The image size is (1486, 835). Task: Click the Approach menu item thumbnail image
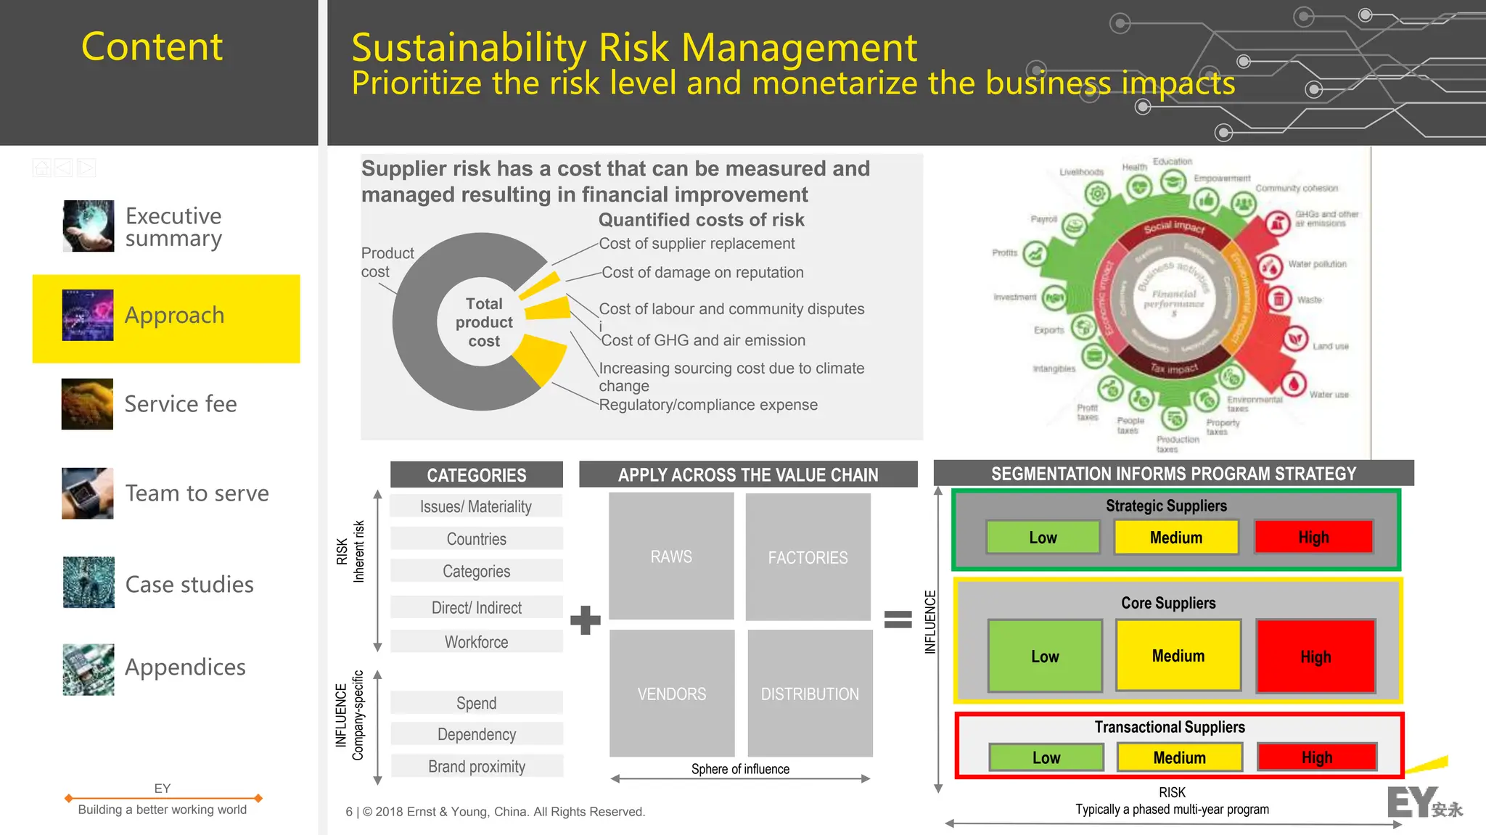click(x=88, y=315)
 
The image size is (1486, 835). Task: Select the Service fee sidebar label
click(x=181, y=404)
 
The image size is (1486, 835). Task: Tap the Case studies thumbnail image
click(x=88, y=583)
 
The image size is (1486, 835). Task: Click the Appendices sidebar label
click(x=185, y=667)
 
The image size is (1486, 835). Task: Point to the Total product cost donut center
click(x=484, y=322)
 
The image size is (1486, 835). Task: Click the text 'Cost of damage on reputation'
click(x=702, y=273)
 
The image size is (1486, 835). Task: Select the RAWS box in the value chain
click(x=671, y=556)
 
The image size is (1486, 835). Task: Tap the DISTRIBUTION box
click(x=810, y=694)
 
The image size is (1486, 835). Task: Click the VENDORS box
click(x=672, y=694)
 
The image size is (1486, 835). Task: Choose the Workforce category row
click(x=477, y=642)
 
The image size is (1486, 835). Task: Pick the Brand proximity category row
click(x=477, y=767)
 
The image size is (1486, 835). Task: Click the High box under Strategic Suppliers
click(x=1313, y=538)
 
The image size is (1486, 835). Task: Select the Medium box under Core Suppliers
click(x=1178, y=656)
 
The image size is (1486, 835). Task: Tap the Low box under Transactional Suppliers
click(x=1046, y=757)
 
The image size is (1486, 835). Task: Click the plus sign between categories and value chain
click(x=586, y=620)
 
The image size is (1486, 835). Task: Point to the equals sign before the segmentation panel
click(x=898, y=619)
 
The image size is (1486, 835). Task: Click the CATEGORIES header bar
click(x=477, y=475)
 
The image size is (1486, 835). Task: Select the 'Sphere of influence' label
click(x=740, y=769)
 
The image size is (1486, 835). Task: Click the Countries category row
click(x=477, y=539)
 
